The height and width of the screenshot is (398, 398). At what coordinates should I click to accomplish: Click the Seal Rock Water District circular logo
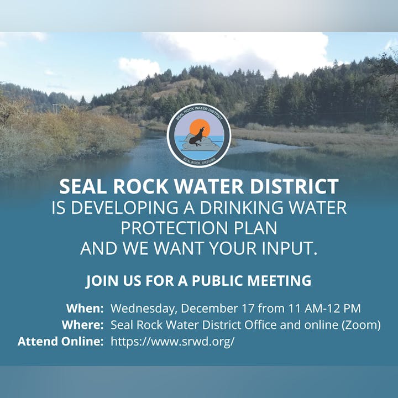click(199, 135)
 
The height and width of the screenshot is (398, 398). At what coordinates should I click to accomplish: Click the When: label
click(85, 308)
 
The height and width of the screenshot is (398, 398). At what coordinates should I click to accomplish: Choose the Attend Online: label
click(61, 342)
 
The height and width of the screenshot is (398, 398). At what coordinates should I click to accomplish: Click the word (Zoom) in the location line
click(362, 325)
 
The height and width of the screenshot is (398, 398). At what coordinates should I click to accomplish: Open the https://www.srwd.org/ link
click(172, 342)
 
